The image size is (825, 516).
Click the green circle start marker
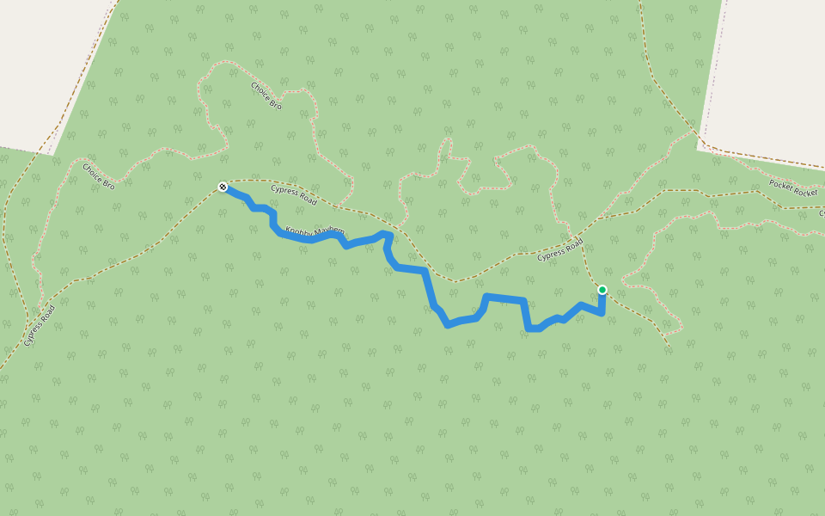tap(602, 290)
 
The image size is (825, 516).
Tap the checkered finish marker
tap(223, 187)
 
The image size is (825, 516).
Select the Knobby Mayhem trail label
tap(315, 232)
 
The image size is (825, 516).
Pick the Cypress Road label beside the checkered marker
tap(294, 195)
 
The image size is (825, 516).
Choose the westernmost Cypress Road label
tap(40, 326)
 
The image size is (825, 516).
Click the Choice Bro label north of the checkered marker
tap(266, 95)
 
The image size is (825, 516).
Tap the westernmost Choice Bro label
tap(99, 175)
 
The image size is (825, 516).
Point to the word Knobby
tap(299, 230)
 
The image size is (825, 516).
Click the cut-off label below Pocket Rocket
tap(821, 212)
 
